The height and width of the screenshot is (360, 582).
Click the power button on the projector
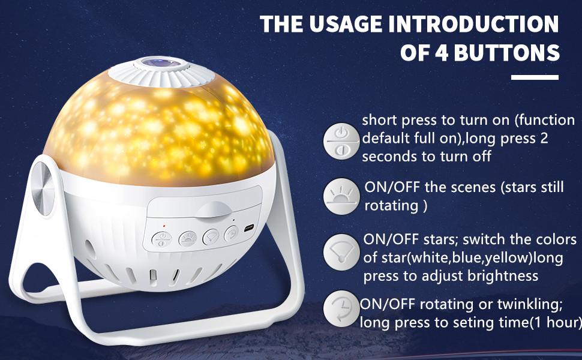[x=161, y=239]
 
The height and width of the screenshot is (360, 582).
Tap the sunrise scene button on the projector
[x=188, y=239]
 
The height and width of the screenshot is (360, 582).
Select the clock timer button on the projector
[x=232, y=234]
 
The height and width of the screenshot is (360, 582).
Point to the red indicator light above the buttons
[x=164, y=226]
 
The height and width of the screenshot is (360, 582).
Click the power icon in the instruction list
[x=341, y=142]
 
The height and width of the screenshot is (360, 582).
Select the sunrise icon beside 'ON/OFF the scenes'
[x=341, y=196]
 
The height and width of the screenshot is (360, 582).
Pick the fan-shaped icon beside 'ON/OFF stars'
[x=341, y=253]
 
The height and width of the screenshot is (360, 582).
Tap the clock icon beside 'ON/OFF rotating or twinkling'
[x=341, y=309]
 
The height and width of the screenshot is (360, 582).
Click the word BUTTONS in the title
[x=506, y=52]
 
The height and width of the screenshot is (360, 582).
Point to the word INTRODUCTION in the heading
[x=473, y=24]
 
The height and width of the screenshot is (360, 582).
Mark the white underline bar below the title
[x=535, y=77]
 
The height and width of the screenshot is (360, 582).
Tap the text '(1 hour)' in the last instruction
[x=555, y=323]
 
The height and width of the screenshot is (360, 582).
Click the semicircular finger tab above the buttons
[x=214, y=209]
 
